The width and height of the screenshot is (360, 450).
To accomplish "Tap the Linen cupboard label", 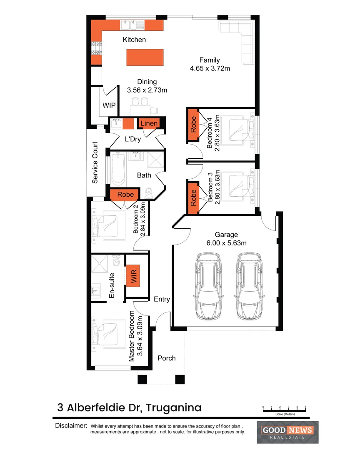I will pyautogui.click(x=149, y=123).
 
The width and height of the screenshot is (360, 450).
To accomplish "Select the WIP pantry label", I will pyautogui.click(x=109, y=105).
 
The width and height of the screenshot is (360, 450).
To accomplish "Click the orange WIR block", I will pyautogui.click(x=134, y=275).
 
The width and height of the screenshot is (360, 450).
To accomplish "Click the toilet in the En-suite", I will pyautogui.click(x=116, y=260).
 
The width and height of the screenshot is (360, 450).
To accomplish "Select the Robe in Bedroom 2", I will pyautogui.click(x=125, y=195).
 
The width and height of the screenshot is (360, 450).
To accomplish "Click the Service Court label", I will pyautogui.click(x=95, y=163).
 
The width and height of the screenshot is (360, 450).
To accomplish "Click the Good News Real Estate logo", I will pyautogui.click(x=289, y=432).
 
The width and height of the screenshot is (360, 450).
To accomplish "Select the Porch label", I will pyautogui.click(x=167, y=358).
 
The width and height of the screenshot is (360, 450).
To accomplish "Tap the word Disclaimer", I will pyautogui.click(x=71, y=426).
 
